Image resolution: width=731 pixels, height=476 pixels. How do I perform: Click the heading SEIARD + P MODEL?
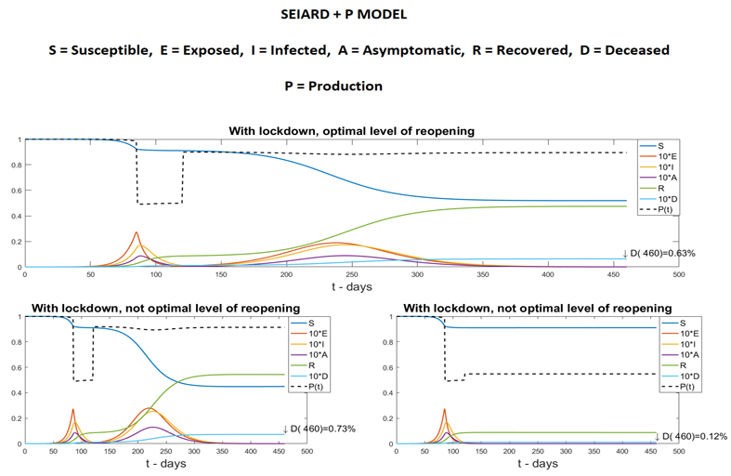coord(365,18)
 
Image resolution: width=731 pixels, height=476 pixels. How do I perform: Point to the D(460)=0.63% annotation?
coord(664,253)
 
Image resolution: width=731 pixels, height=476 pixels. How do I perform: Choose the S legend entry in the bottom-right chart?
coord(673,322)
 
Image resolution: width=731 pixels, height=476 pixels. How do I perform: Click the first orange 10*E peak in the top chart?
coord(137,232)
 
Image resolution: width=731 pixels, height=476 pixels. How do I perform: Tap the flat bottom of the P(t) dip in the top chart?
coord(160,203)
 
